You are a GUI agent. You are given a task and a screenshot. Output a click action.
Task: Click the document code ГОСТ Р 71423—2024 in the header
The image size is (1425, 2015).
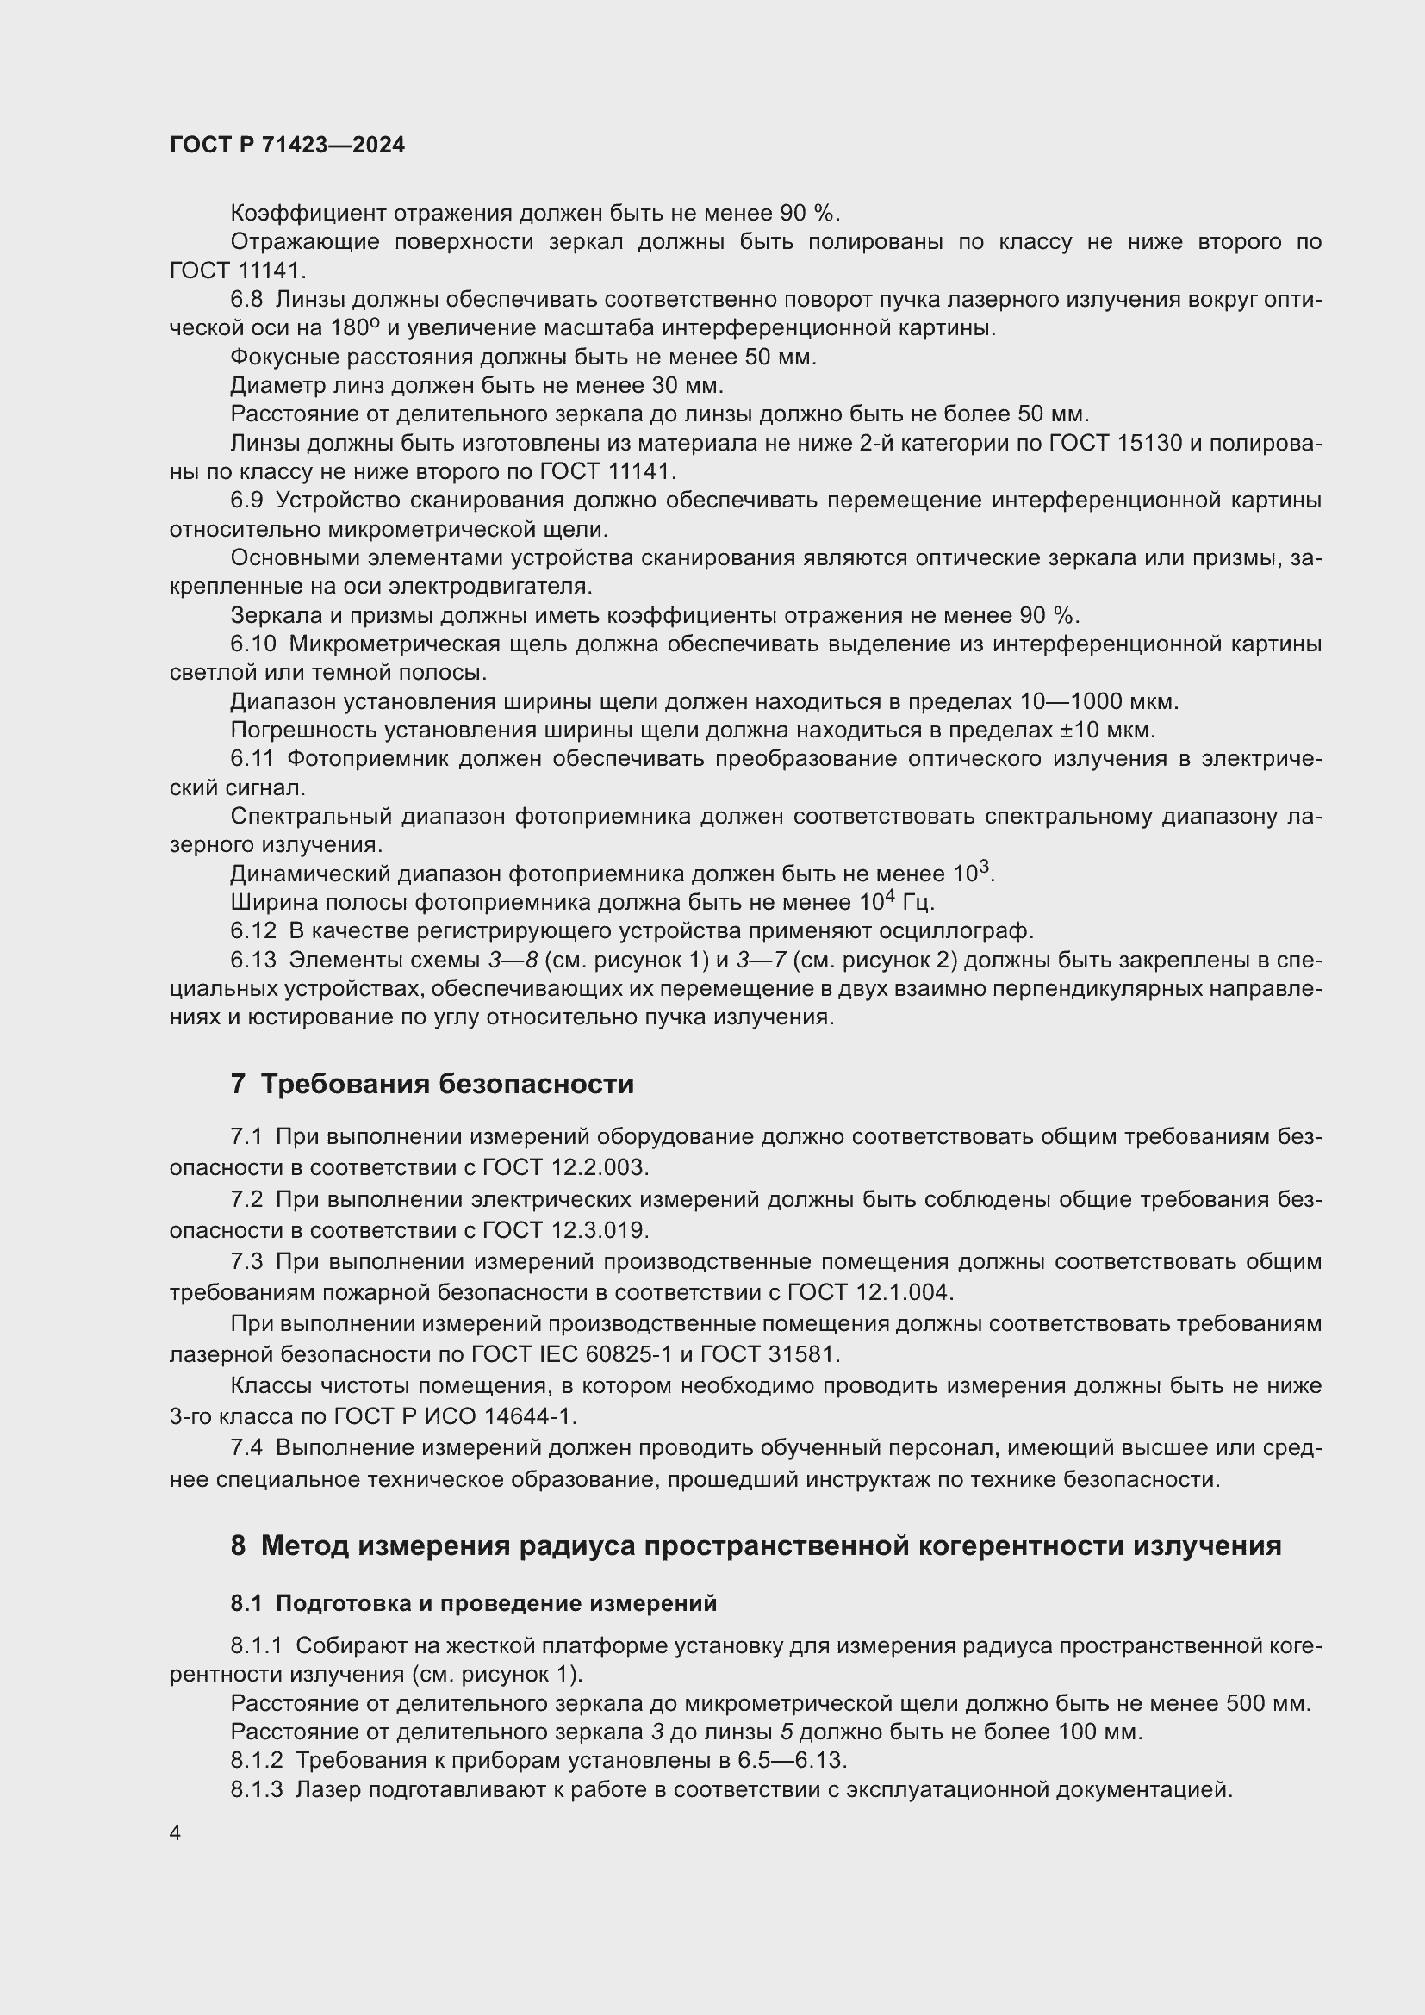[287, 145]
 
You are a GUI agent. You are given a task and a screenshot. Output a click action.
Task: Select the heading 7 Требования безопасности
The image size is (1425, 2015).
[432, 1084]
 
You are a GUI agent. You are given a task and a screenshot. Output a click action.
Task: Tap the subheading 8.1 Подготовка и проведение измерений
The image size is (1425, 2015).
[474, 1602]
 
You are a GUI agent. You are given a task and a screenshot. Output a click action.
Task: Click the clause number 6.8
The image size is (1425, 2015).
[246, 299]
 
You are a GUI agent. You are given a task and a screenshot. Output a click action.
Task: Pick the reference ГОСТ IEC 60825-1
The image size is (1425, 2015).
[571, 1354]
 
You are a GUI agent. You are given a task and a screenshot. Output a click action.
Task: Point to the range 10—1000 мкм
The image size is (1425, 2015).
[1098, 701]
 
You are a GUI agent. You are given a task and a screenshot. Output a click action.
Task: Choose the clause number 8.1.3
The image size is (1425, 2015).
[257, 1789]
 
